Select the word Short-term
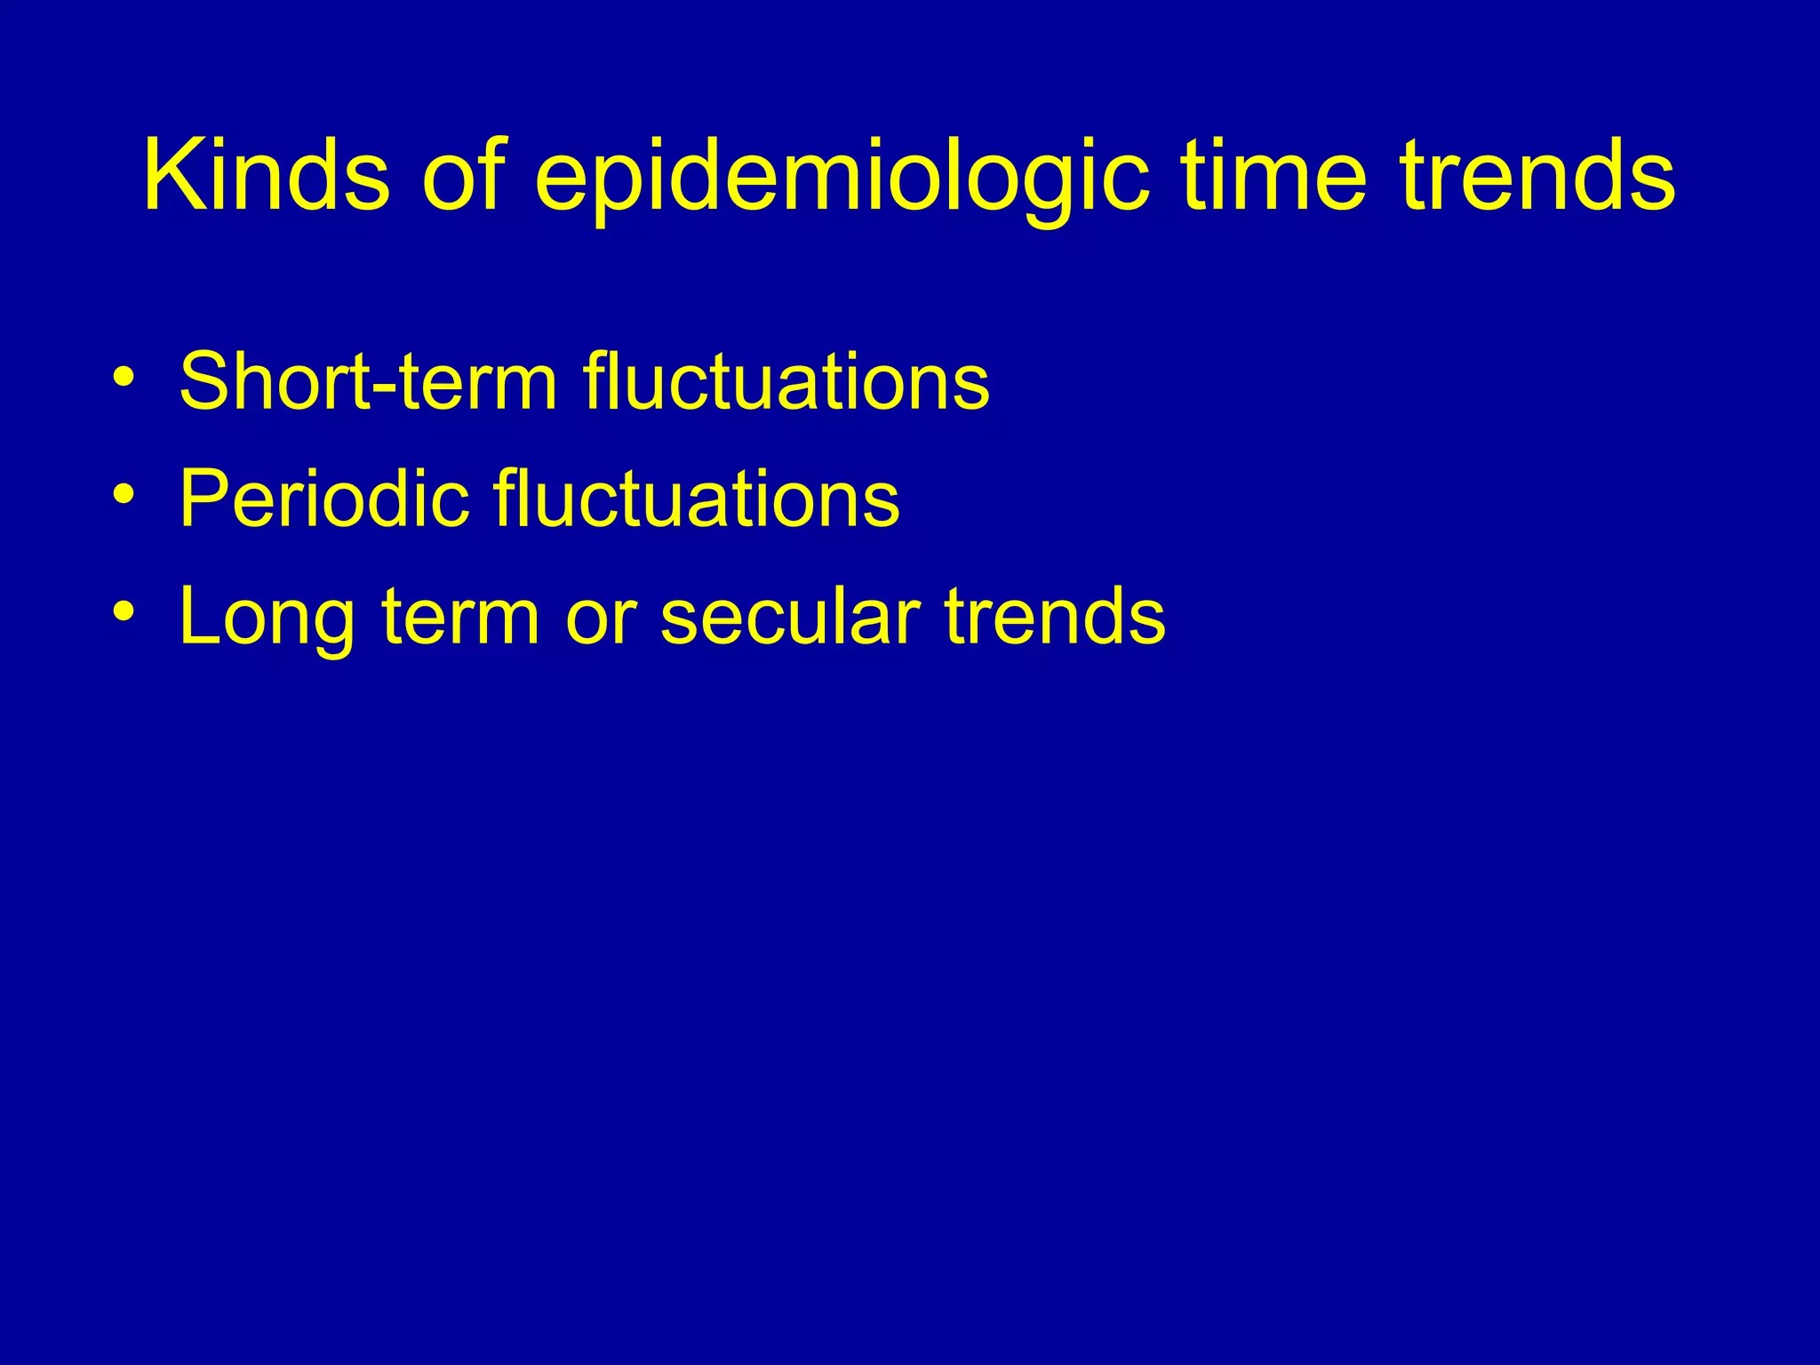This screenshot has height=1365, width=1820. pyautogui.click(x=368, y=382)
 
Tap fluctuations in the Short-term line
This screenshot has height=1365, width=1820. pyautogui.click(x=786, y=382)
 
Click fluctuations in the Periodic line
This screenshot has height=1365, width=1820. pyautogui.click(x=697, y=499)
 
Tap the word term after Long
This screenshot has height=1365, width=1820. pyautogui.click(x=459, y=617)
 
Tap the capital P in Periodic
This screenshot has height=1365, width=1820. pyautogui.click(x=200, y=499)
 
